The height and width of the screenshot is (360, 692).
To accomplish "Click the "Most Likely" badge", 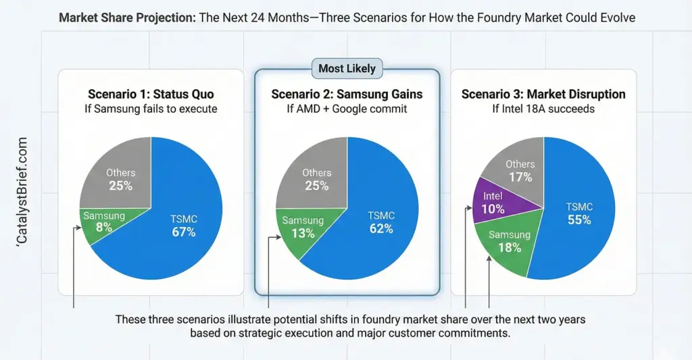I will [347, 68].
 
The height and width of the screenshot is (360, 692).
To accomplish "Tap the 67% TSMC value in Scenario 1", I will [183, 232].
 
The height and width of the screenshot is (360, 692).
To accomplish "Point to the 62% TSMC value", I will [381, 228].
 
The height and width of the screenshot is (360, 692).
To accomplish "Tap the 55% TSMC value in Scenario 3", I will [579, 220].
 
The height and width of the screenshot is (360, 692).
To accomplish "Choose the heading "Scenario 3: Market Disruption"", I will [543, 94].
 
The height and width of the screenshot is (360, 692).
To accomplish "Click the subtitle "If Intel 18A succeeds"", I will [543, 108].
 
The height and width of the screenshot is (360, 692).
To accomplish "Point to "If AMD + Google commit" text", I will [347, 108].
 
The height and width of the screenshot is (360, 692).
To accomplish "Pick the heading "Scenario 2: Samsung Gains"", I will [347, 94].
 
